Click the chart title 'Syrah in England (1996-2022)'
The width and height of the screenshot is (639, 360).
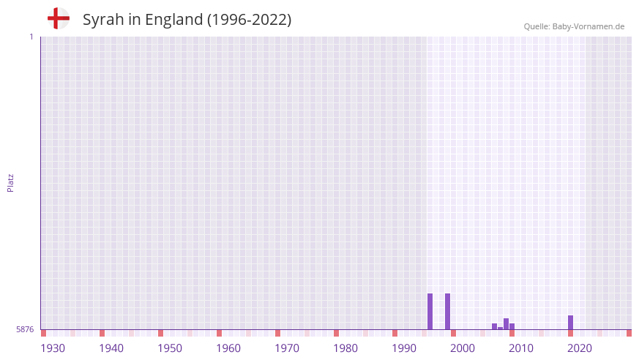187,20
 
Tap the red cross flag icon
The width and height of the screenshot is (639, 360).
59,18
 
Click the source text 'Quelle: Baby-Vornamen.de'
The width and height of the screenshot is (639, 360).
574,26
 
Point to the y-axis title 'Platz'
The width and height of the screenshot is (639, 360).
10,182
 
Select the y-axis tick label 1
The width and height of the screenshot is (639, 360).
31,37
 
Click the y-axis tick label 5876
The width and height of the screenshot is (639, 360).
25,330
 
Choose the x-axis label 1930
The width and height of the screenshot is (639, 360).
53,348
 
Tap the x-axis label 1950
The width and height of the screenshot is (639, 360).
170,348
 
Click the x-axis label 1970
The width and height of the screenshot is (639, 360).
287,348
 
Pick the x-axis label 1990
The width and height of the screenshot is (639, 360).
404,348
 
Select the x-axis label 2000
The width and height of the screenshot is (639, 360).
463,348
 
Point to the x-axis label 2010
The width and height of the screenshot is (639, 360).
521,348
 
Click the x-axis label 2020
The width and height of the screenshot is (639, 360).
580,348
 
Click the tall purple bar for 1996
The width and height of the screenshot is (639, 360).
430,311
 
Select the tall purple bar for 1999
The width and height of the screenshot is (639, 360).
447,311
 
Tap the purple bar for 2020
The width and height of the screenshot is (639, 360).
570,322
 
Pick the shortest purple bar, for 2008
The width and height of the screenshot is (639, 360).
500,328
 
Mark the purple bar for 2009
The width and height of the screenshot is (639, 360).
506,323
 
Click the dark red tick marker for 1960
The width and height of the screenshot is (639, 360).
219,333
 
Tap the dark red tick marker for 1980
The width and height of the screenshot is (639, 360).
336,333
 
